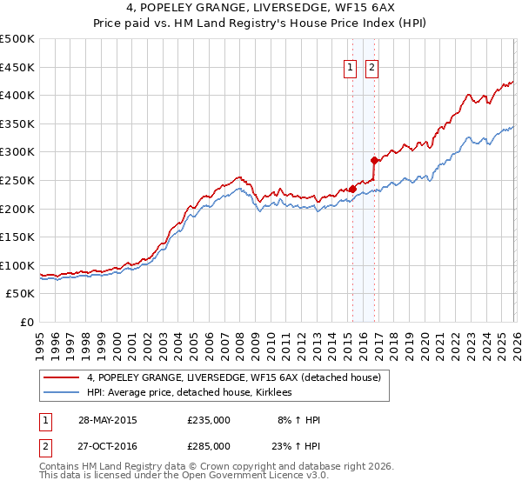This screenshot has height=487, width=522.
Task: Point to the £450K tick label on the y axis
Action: [17, 67]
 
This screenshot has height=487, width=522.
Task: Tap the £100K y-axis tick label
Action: [17, 265]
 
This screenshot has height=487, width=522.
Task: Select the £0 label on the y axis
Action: [28, 322]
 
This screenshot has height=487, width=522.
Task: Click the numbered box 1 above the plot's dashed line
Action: [350, 68]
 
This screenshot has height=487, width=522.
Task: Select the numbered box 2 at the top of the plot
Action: [371, 68]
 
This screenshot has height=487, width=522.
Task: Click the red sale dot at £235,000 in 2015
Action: [352, 189]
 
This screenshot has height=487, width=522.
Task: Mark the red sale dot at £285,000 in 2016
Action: [374, 160]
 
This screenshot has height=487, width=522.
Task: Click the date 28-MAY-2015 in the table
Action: [107, 420]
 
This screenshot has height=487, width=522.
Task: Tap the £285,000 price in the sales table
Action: [209, 445]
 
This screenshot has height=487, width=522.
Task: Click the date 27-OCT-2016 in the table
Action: [107, 445]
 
